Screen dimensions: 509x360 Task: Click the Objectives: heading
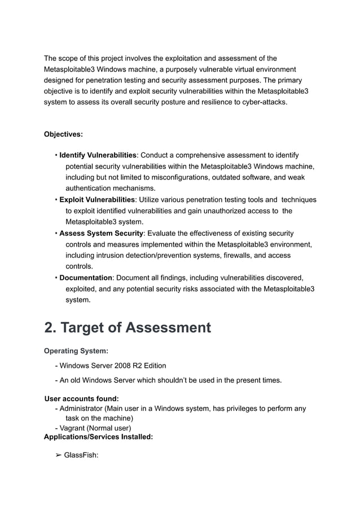pyautogui.click(x=63, y=134)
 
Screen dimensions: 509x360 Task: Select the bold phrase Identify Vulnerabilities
pyautogui.click(x=98, y=155)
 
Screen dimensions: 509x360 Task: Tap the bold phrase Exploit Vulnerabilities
pyautogui.click(x=97, y=200)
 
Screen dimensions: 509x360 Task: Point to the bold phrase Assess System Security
pyautogui.click(x=102, y=233)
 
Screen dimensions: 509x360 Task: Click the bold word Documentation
pyautogui.click(x=86, y=278)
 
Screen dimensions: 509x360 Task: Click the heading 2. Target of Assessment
pyautogui.click(x=128, y=327)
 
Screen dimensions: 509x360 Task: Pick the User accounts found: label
pyautogui.click(x=81, y=399)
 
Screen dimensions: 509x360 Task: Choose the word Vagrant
pyautogui.click(x=74, y=428)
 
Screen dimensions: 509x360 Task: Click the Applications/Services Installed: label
pyautogui.click(x=98, y=437)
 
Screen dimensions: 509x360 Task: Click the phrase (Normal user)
pyautogui.click(x=111, y=428)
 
